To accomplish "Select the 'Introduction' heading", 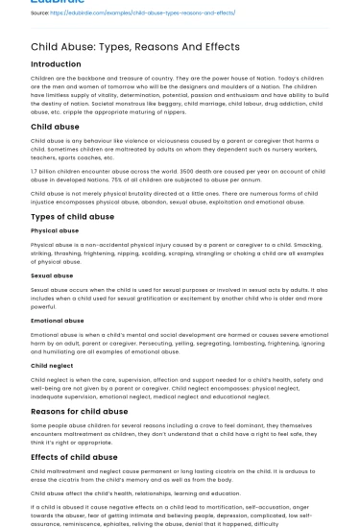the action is click(x=56, y=64).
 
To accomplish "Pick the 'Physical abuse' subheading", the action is click(x=55, y=231).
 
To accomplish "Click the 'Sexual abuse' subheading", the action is click(x=52, y=276).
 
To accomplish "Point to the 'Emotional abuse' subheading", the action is click(x=58, y=321).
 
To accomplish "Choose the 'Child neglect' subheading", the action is click(x=51, y=366).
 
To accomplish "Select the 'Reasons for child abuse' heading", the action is click(x=80, y=410).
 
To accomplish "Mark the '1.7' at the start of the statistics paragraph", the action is click(x=35, y=172).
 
